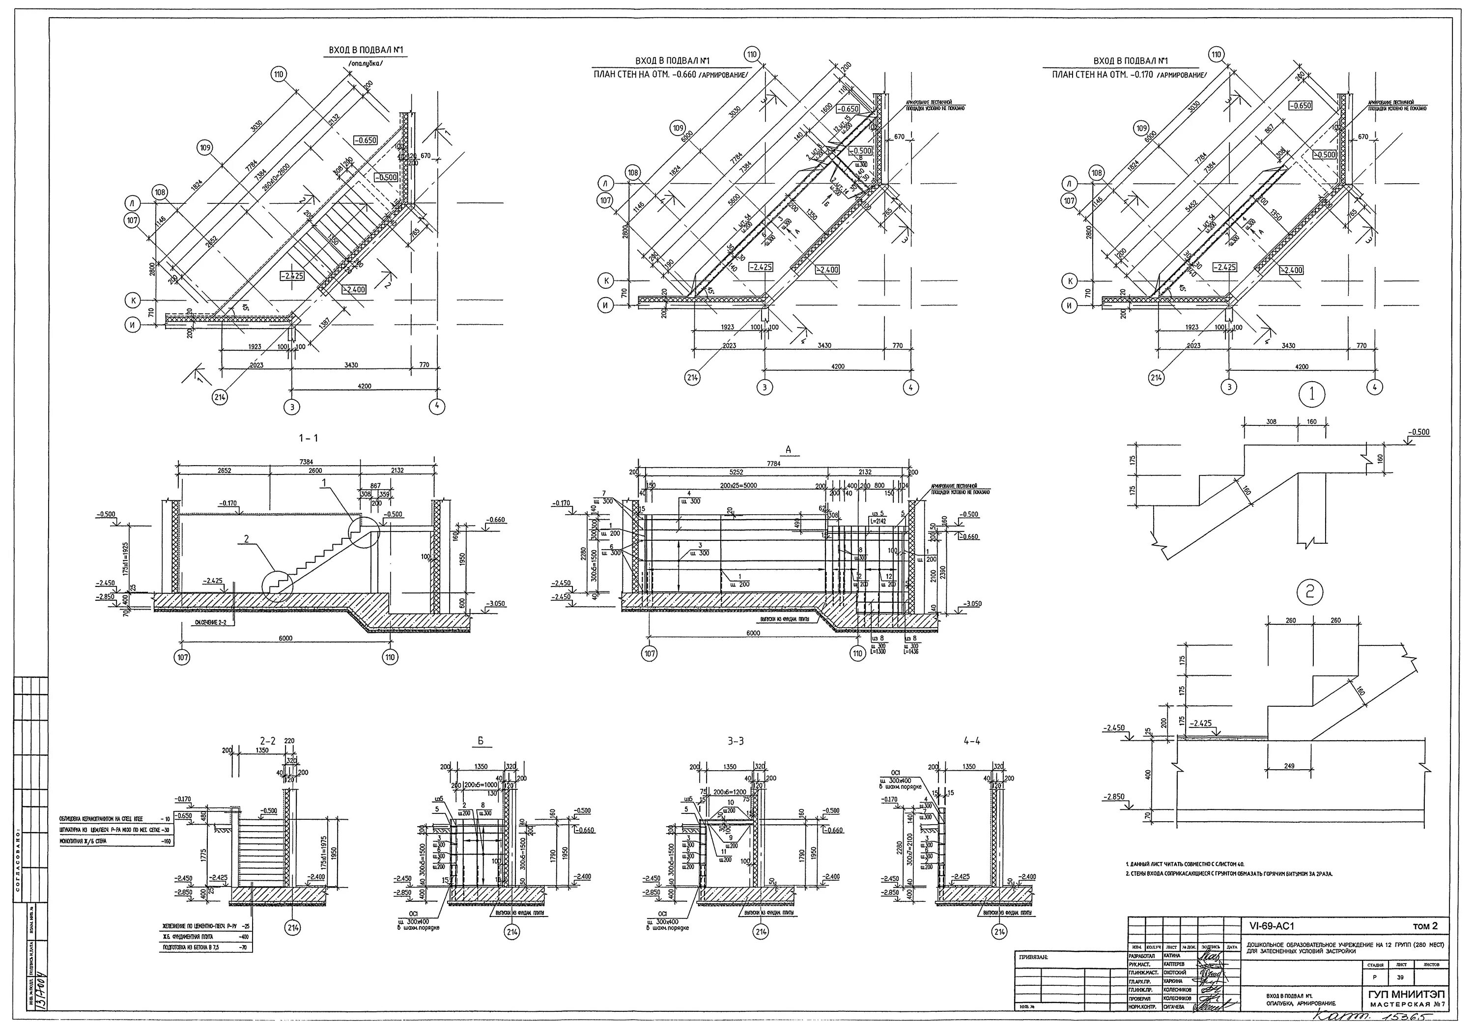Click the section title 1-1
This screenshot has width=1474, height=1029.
click(x=308, y=439)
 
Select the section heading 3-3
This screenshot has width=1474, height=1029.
click(x=736, y=741)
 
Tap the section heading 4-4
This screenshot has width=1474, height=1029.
click(x=972, y=741)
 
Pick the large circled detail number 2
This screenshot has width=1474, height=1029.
click(x=1310, y=593)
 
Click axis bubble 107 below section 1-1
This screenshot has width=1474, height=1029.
click(x=183, y=657)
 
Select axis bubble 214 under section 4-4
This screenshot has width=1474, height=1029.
click(x=999, y=931)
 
